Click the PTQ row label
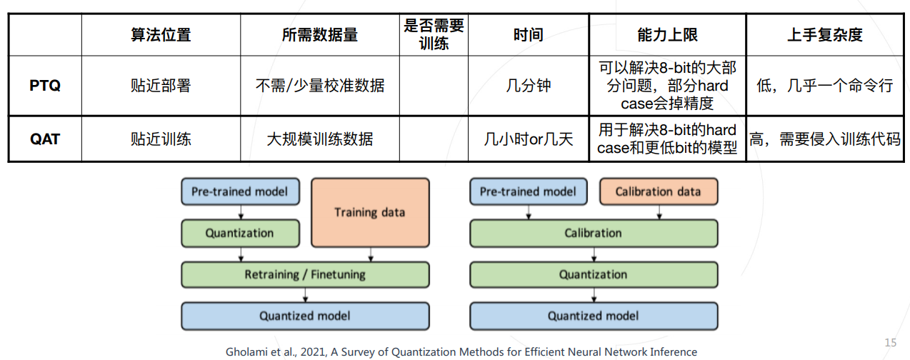coord(45,86)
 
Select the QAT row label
coord(45,139)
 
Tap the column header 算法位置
coord(161,35)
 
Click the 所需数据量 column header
coord(319,35)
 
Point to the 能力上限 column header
coord(667,35)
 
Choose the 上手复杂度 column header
coord(824,35)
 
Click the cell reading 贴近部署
coord(161,86)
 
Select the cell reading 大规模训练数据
coord(319,139)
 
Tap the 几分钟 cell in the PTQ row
coord(529,86)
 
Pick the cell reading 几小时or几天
coord(529,139)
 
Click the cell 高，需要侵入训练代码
coord(824,139)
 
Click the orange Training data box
coord(369,212)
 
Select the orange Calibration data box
coord(658,191)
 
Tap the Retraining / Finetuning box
coord(305,274)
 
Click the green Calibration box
coord(593,233)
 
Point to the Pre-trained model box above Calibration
coord(528,191)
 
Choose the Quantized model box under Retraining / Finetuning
coord(305,316)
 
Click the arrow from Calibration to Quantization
coord(593,254)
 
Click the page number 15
coord(890,342)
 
